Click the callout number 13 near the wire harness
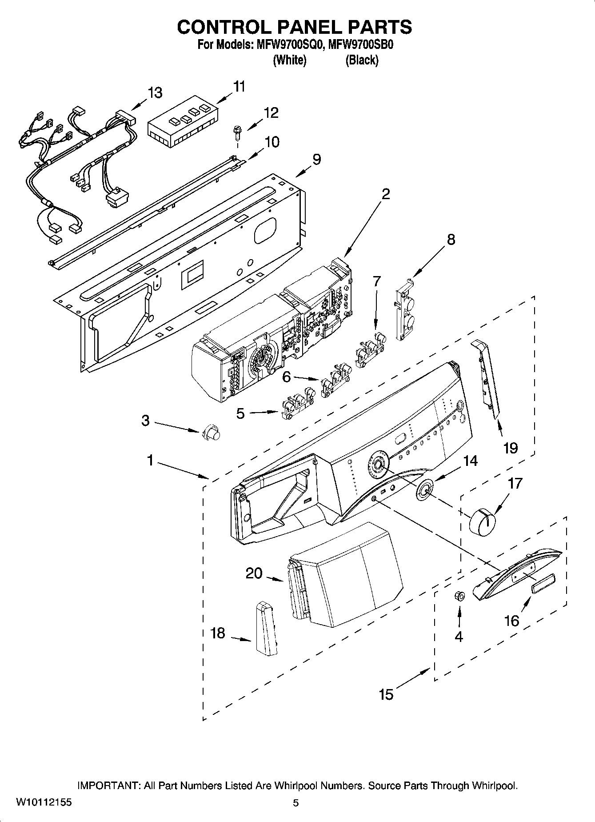pyautogui.click(x=155, y=93)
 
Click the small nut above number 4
pyautogui.click(x=459, y=596)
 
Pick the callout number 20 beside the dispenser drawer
pyautogui.click(x=254, y=573)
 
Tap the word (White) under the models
pyautogui.click(x=289, y=60)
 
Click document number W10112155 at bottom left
pyautogui.click(x=44, y=802)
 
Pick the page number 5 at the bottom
pyautogui.click(x=296, y=803)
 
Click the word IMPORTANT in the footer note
pyautogui.click(x=109, y=786)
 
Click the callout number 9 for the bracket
pyautogui.click(x=316, y=159)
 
